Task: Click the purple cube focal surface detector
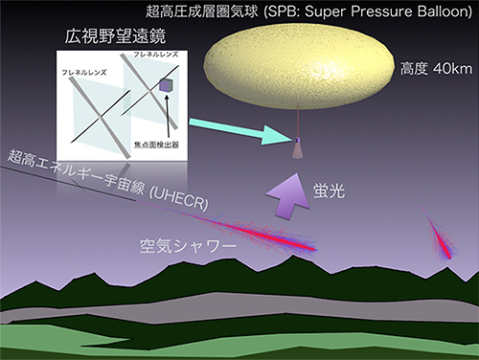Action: [x=165, y=87]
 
